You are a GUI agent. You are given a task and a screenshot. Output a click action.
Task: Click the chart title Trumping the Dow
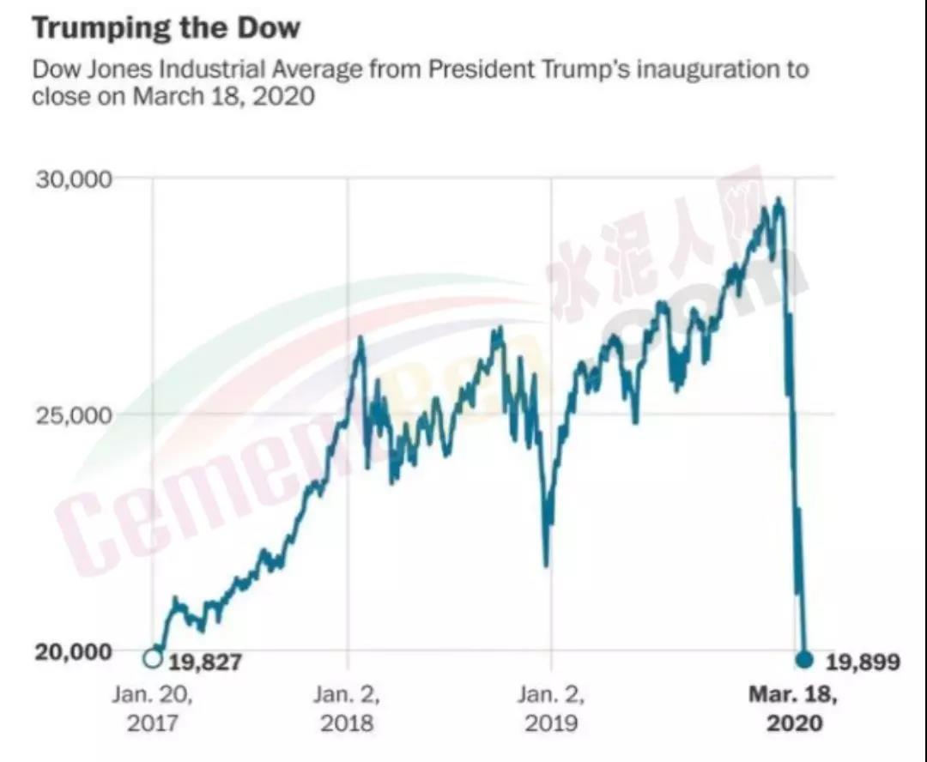pyautogui.click(x=167, y=28)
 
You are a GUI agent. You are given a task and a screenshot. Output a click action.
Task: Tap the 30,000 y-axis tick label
pyautogui.click(x=73, y=179)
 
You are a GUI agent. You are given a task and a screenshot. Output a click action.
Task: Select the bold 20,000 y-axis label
pyautogui.click(x=74, y=650)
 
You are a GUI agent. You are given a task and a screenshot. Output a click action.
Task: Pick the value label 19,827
pyautogui.click(x=205, y=662)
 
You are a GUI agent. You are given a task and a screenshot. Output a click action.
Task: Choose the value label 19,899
pyautogui.click(x=862, y=662)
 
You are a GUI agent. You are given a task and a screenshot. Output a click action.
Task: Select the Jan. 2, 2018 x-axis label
pyautogui.click(x=347, y=708)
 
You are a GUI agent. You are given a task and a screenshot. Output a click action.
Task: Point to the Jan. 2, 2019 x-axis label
pyautogui.click(x=550, y=708)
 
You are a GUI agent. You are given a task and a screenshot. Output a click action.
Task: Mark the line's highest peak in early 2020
pyautogui.click(x=779, y=199)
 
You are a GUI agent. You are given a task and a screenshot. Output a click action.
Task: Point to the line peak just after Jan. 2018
pyautogui.click(x=360, y=338)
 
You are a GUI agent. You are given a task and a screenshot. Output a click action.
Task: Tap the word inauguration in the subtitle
pyautogui.click(x=692, y=69)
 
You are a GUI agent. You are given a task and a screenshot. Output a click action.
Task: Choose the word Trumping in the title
pyautogui.click(x=102, y=28)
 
